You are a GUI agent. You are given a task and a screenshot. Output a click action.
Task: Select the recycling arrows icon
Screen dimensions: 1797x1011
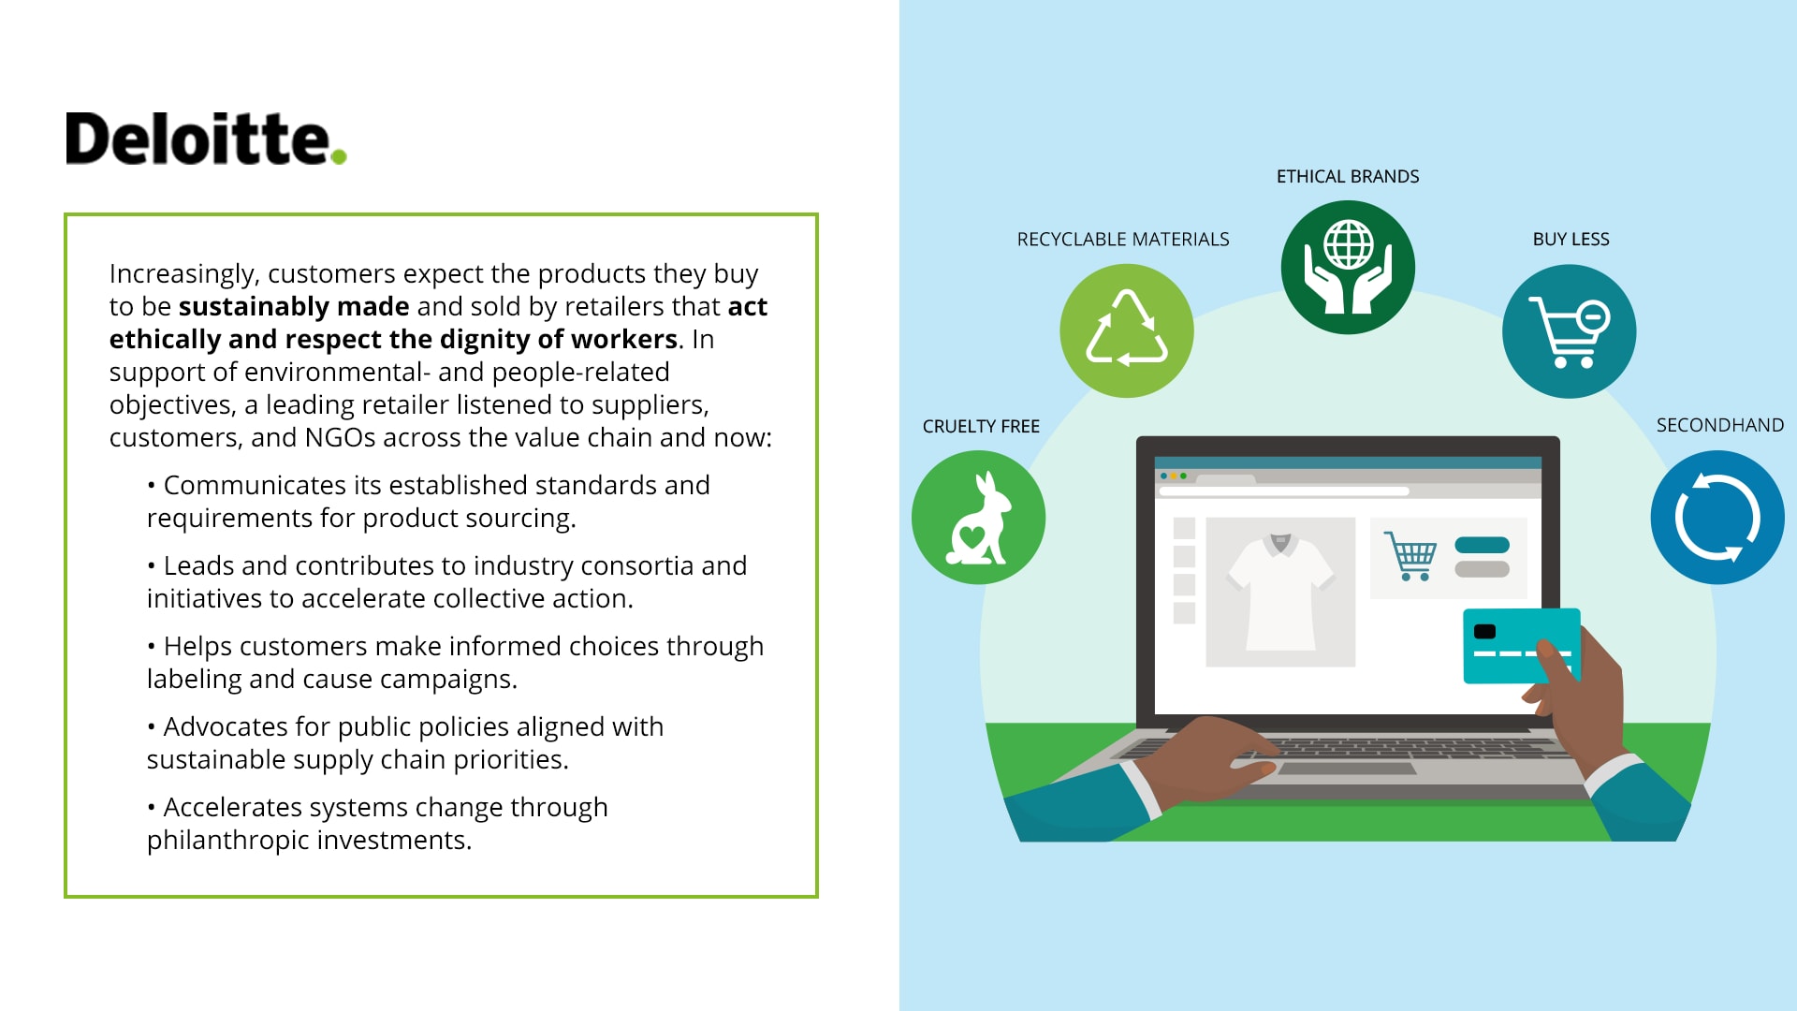(x=1127, y=329)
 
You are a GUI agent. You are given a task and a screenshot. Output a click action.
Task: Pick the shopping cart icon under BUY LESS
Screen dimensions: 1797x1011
(x=1569, y=332)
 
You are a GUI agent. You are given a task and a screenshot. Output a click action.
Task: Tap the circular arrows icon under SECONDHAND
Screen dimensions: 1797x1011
(x=1717, y=518)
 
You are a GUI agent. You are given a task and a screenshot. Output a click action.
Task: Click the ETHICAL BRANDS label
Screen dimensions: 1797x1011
(x=1348, y=176)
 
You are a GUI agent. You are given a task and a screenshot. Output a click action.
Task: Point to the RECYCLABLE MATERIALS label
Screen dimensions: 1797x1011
(x=1123, y=239)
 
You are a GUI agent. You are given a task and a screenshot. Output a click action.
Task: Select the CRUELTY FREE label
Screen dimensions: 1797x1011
(x=981, y=426)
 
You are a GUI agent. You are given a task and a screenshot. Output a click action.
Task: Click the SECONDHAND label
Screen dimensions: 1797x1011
(x=1720, y=425)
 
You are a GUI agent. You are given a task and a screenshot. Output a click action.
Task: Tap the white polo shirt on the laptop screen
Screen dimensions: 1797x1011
(x=1280, y=592)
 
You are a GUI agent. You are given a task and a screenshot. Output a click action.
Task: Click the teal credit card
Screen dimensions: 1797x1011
(x=1521, y=646)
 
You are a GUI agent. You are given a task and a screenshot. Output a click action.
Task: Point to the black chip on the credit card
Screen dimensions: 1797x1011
(x=1484, y=631)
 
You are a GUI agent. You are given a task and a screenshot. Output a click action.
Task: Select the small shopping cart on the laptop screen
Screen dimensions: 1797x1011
(x=1410, y=556)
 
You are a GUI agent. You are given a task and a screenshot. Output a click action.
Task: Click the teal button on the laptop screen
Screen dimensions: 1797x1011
(x=1483, y=545)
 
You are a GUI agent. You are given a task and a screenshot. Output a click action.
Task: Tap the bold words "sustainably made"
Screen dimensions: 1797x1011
(x=294, y=306)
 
